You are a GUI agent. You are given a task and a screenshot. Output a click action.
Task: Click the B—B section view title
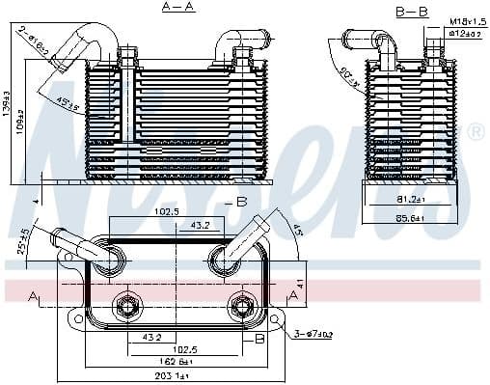(x=412, y=11)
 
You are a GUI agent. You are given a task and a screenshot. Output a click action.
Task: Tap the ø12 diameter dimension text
(x=466, y=34)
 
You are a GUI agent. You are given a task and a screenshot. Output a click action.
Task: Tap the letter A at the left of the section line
(x=35, y=295)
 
